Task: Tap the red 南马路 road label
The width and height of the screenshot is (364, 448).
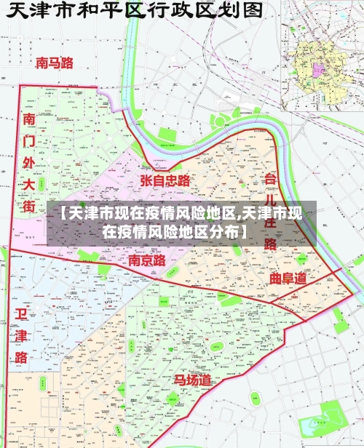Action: (55, 63)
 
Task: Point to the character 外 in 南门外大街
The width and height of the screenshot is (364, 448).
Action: (29, 161)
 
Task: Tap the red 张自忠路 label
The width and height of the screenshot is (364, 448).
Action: (165, 180)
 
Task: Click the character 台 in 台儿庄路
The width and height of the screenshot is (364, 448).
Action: (270, 179)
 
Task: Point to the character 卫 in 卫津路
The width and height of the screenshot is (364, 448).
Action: (20, 313)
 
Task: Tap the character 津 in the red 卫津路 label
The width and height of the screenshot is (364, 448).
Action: (20, 335)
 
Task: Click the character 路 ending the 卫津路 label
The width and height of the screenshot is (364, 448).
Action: (20, 357)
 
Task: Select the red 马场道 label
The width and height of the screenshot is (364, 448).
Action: (192, 380)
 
